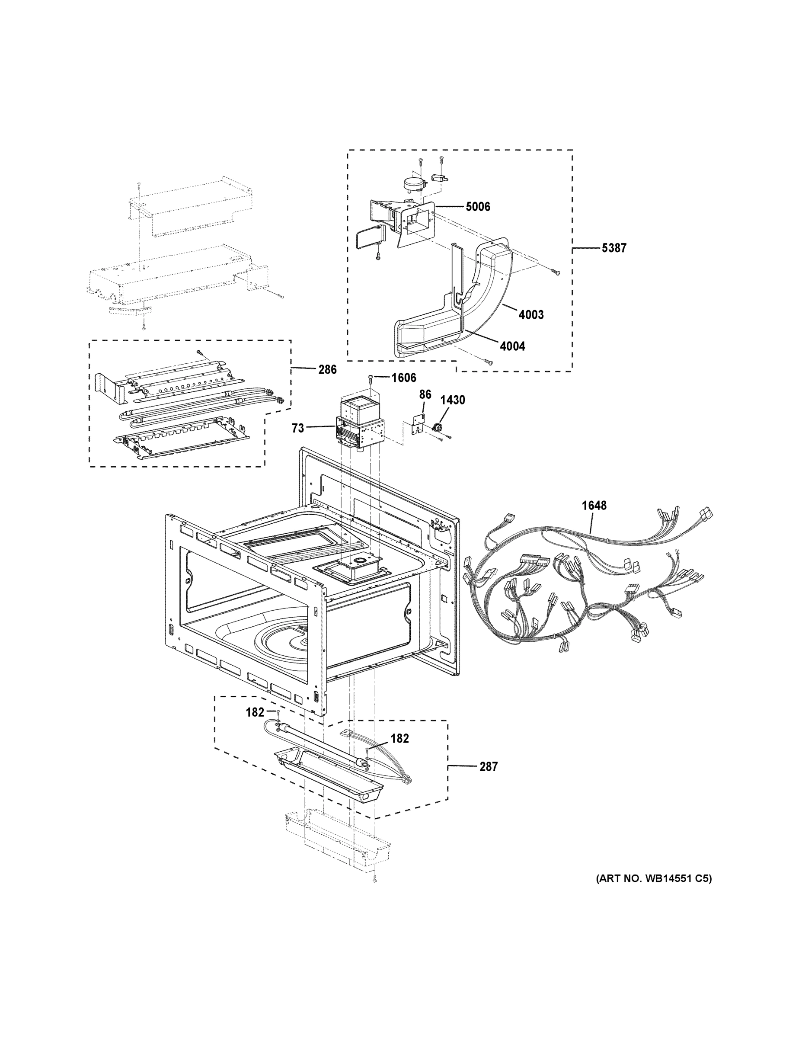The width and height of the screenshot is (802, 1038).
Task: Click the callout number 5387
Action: coord(613,248)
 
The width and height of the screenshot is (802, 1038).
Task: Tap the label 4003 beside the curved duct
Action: coord(531,314)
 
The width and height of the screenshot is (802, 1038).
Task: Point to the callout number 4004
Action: coord(512,346)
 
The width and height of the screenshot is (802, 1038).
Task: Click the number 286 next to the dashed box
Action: coord(327,369)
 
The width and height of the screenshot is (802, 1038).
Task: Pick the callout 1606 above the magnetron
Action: coord(403,378)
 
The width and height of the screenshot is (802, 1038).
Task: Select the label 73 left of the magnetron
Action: coord(298,428)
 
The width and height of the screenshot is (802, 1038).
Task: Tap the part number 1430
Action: coord(452,400)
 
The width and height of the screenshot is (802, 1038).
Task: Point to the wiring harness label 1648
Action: coord(594,505)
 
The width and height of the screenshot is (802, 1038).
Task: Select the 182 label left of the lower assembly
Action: coord(255,712)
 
